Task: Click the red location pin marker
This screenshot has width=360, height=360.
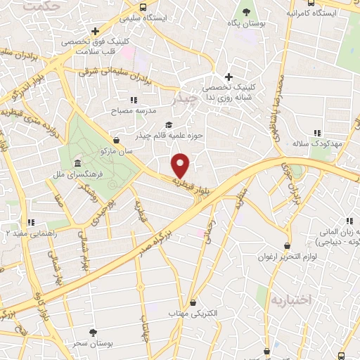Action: [x=181, y=166]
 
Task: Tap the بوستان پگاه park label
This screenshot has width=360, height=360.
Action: [x=245, y=24]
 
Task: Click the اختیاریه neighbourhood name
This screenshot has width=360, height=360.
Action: [x=288, y=300]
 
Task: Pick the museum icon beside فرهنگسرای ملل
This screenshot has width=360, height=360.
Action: [x=77, y=163]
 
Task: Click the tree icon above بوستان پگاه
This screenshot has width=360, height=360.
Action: [x=245, y=12]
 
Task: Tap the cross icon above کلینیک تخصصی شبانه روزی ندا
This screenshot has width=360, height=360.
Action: [x=228, y=77]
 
